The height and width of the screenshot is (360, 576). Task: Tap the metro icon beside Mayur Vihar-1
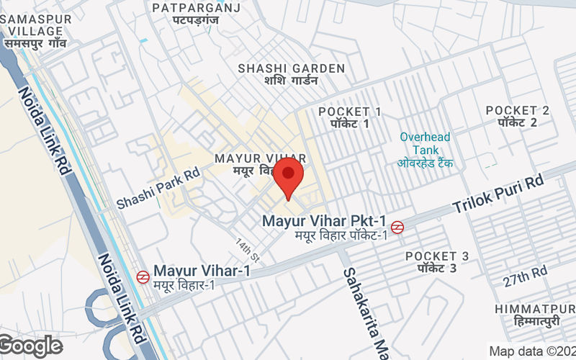tap(143, 276)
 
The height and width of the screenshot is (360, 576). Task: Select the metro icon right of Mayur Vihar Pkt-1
tap(398, 227)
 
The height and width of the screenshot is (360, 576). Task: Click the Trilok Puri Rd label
tap(498, 194)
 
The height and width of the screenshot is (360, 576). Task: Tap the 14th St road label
tap(246, 248)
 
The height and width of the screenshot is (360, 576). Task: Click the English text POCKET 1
tap(350, 112)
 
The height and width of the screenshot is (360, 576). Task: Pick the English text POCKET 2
tap(517, 110)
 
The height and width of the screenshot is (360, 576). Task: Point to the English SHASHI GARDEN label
tap(292, 68)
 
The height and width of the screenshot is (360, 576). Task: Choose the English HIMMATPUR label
tap(534, 308)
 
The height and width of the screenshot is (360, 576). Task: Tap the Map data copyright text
tap(531, 351)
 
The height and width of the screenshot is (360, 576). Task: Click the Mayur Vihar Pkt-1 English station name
tap(325, 220)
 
